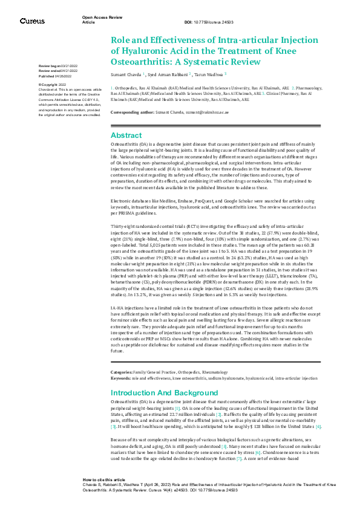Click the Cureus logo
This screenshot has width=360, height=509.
[32, 21]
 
